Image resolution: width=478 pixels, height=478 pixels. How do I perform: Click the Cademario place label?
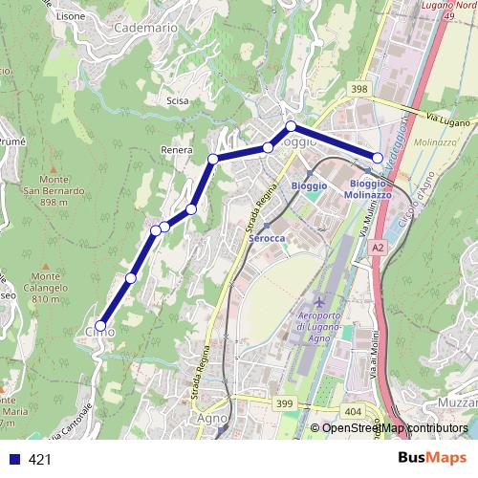coord(145,29)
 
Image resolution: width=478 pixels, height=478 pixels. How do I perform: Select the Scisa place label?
coord(177,100)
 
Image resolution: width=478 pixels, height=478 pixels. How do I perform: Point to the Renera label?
coord(178,150)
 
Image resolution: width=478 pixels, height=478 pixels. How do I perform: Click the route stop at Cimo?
coord(101,326)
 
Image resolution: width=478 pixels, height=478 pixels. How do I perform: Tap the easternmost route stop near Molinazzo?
coord(378,158)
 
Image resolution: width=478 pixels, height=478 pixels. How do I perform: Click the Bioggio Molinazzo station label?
coord(368,189)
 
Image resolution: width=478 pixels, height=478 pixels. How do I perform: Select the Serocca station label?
coord(267,238)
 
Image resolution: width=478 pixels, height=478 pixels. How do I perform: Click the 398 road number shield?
coord(359,89)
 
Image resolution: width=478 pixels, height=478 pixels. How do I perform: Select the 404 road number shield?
coord(353,411)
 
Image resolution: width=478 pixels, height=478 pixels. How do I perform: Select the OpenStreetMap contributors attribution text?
coord(395,428)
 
